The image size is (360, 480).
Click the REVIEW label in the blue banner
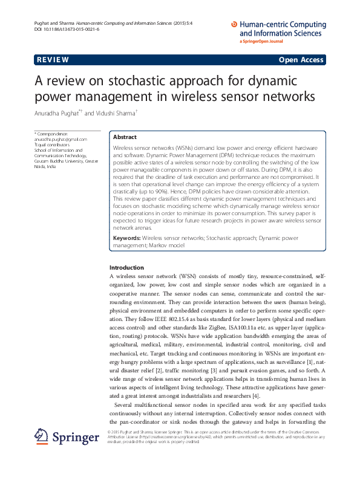click(53, 60)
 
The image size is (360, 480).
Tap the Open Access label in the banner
click(301, 60)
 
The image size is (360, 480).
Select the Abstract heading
click(125, 137)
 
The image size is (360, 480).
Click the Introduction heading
click(126, 267)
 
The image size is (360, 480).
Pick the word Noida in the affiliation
click(42, 167)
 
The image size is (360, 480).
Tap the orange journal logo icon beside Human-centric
click(235, 25)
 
